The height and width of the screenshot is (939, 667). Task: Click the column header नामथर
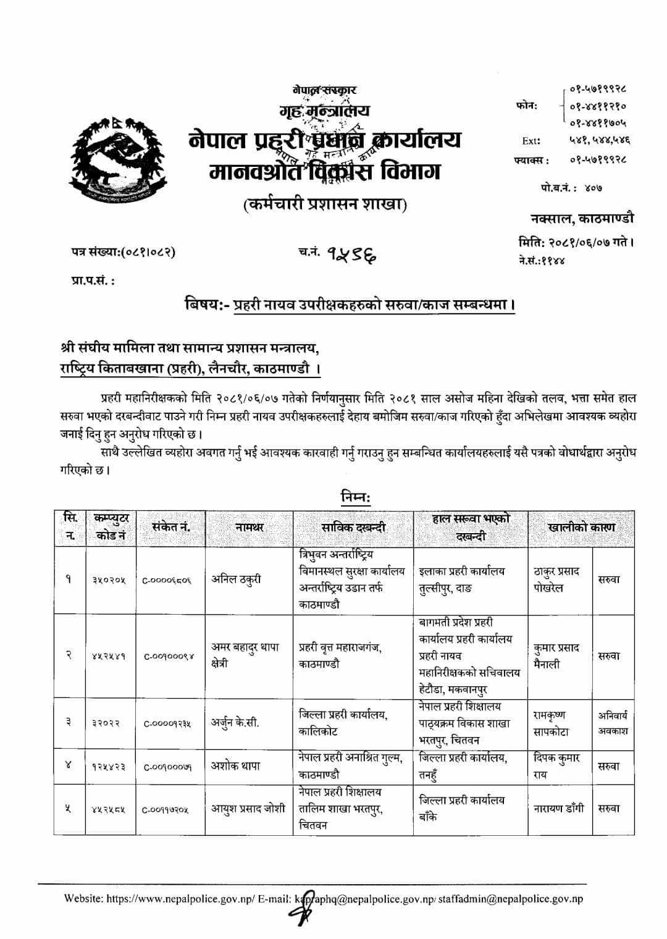(249, 528)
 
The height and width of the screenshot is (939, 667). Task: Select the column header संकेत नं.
(170, 528)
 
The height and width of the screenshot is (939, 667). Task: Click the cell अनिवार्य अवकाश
(613, 723)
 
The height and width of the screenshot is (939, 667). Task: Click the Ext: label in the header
(531, 140)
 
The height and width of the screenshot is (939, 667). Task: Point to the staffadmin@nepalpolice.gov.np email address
(511, 899)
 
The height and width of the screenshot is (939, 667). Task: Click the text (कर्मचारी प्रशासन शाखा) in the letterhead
(325, 204)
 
